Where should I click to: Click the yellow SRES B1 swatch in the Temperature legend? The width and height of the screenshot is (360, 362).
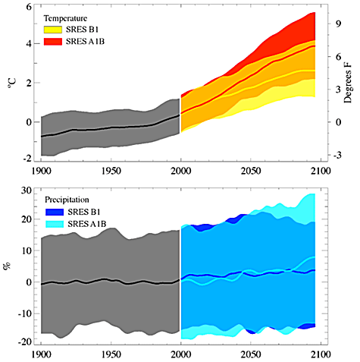[x=53, y=30]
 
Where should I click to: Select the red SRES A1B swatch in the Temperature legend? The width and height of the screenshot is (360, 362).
[x=53, y=42]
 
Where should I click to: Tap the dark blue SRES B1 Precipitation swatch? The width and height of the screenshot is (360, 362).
[x=55, y=212]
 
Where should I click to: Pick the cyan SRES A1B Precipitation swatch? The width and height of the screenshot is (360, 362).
[x=55, y=224]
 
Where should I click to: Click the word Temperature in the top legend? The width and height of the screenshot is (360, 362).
[x=65, y=18]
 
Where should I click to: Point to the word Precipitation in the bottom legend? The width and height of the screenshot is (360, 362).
[x=67, y=200]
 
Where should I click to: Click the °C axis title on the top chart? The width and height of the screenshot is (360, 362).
[x=12, y=83]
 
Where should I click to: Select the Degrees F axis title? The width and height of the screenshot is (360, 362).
[x=348, y=83]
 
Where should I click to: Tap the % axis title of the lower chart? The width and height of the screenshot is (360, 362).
[x=8, y=266]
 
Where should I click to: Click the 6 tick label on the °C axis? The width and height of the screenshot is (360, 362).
[x=29, y=7]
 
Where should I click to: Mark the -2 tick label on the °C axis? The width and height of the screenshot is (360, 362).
[x=27, y=159]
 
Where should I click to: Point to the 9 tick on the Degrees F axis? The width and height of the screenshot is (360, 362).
[x=339, y=24]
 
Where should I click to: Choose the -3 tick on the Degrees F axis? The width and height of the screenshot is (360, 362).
[x=337, y=155]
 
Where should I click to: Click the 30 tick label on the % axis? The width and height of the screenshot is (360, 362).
[x=27, y=190]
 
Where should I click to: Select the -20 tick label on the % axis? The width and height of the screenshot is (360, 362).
[x=25, y=342]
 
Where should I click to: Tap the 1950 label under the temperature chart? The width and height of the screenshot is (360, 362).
[x=111, y=172]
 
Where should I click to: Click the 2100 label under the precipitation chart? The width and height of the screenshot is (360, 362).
[x=321, y=354]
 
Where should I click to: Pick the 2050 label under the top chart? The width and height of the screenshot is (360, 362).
[x=251, y=172]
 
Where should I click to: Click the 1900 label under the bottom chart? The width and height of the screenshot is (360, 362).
[x=42, y=354]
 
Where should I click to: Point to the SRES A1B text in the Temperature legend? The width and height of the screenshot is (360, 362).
[x=86, y=42]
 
